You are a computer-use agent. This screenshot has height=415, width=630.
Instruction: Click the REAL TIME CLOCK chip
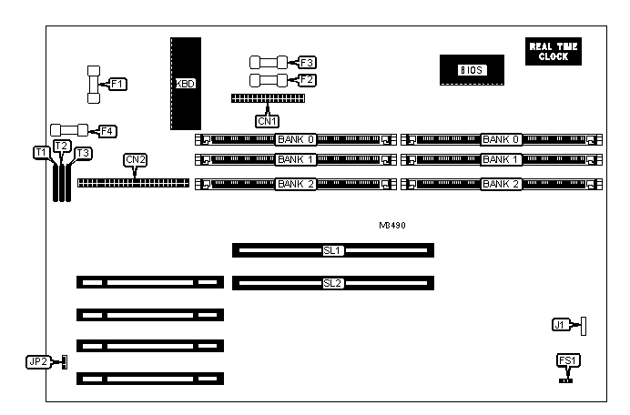click(x=553, y=52)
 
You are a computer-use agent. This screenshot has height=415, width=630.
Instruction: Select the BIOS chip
click(x=471, y=70)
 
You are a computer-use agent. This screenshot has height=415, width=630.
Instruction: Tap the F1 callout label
click(x=117, y=85)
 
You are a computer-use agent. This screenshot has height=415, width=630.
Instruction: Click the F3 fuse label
click(x=307, y=63)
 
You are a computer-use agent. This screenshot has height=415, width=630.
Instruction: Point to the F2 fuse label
click(x=307, y=80)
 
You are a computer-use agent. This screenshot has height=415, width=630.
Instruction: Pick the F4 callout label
click(x=107, y=131)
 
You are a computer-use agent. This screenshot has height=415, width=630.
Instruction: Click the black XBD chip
click(x=186, y=83)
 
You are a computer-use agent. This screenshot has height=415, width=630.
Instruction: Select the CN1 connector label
click(x=267, y=119)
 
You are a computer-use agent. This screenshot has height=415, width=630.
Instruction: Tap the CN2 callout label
click(x=135, y=160)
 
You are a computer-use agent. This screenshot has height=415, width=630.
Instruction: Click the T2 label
click(x=61, y=146)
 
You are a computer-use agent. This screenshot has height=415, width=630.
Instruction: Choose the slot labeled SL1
click(x=332, y=249)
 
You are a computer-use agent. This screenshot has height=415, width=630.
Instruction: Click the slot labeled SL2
click(x=332, y=283)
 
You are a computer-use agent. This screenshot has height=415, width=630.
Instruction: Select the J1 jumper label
click(x=562, y=325)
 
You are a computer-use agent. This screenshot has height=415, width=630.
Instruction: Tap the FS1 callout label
click(x=567, y=361)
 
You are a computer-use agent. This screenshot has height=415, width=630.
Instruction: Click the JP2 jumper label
click(x=37, y=362)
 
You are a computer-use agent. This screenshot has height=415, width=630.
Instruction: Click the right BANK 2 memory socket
click(x=502, y=184)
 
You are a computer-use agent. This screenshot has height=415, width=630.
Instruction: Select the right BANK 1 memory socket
click(x=502, y=160)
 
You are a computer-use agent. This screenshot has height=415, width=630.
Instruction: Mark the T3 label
click(x=83, y=153)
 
